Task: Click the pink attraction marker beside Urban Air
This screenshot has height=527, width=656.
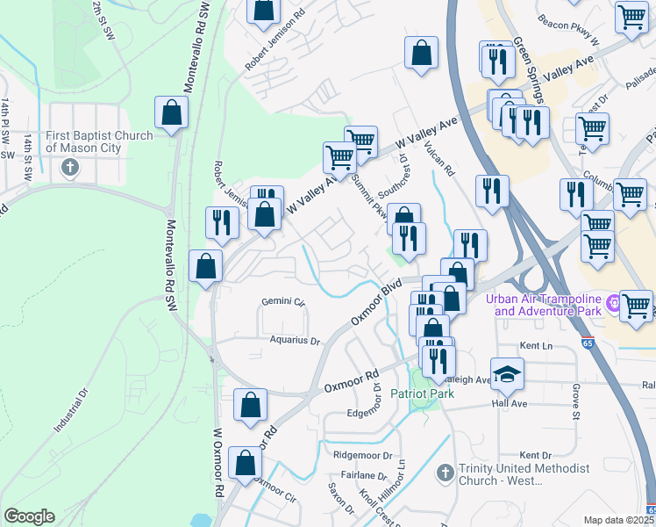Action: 614,303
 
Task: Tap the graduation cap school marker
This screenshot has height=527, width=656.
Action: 506,375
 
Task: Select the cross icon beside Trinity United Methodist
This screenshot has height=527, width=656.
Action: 445,473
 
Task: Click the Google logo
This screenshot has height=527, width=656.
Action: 29,516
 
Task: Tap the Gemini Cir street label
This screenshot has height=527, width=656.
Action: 282,302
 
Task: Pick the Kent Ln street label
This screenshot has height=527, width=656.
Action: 533,349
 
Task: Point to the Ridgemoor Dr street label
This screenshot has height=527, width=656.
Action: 361,454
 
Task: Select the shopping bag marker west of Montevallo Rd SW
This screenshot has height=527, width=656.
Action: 171,113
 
